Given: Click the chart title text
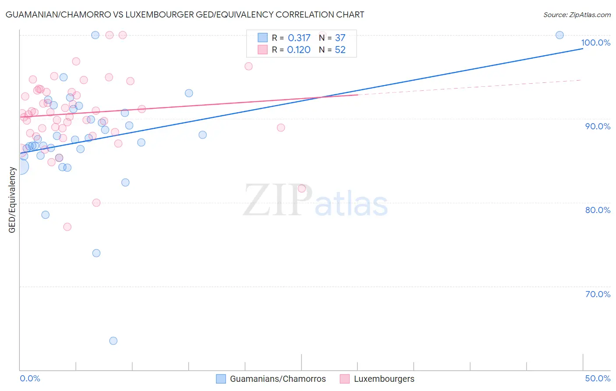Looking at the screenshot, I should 185,14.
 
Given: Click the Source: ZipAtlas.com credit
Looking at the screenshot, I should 577,15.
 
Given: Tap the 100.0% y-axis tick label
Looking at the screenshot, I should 595,43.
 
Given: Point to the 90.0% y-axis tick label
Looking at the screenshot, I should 598,126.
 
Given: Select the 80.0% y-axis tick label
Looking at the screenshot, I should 598,210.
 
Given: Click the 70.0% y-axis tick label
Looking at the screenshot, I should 598,294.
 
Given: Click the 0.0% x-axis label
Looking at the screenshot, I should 30,378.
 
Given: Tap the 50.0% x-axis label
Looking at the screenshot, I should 598,378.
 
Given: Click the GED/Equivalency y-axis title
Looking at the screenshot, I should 12,200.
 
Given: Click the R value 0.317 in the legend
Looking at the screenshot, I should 299,38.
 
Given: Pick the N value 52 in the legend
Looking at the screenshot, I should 340,50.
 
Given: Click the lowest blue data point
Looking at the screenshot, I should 113,341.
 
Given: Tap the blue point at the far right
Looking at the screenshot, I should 559,35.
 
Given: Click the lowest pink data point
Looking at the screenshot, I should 67,227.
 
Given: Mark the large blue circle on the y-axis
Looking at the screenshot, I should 20,167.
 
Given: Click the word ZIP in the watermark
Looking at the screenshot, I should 278,200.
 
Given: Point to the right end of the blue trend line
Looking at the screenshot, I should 583,49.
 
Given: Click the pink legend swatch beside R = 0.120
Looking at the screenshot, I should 262,50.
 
